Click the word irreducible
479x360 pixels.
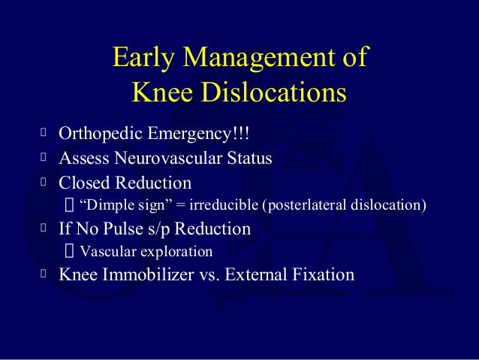[x=221, y=204]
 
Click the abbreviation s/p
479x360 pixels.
[x=164, y=228]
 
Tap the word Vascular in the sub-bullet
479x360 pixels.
[x=104, y=251]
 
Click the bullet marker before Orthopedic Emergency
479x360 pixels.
[x=43, y=135]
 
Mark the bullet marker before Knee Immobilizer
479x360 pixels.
[x=43, y=274]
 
